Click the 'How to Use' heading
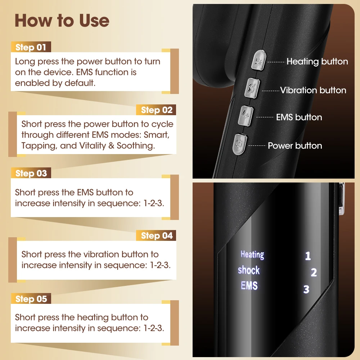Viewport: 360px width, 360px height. click(62, 21)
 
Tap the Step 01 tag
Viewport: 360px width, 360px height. click(31, 48)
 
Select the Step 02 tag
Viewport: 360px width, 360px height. click(157, 110)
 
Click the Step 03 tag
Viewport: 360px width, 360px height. click(31, 173)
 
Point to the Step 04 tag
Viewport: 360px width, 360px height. click(157, 236)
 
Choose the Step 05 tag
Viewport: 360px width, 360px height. click(31, 299)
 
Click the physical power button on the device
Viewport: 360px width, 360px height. click(239, 144)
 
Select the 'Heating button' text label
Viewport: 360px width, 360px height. click(317, 62)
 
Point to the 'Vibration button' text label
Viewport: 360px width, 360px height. click(313, 90)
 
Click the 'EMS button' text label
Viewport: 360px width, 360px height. click(299, 117)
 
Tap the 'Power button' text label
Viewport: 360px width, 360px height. click(295, 145)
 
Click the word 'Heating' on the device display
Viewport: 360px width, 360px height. click(252, 255)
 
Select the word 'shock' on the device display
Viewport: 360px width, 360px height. click(249, 270)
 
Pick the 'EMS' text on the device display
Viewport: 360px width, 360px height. click(249, 286)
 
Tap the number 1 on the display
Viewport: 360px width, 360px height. click(308, 256)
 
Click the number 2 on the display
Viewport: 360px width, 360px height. click(314, 273)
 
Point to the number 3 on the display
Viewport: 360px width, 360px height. click(306, 289)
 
